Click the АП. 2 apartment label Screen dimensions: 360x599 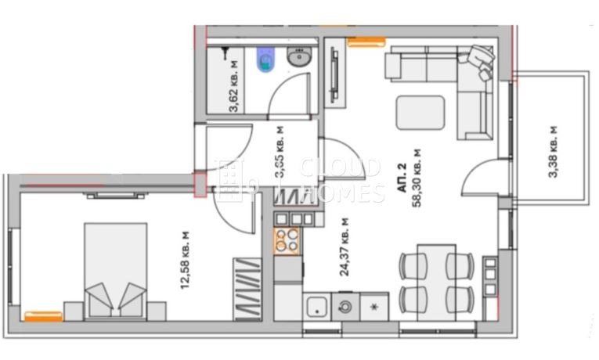[x=400, y=178]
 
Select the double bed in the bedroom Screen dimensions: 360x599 [x=115, y=270]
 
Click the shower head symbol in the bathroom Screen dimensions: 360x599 [x=226, y=53]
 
